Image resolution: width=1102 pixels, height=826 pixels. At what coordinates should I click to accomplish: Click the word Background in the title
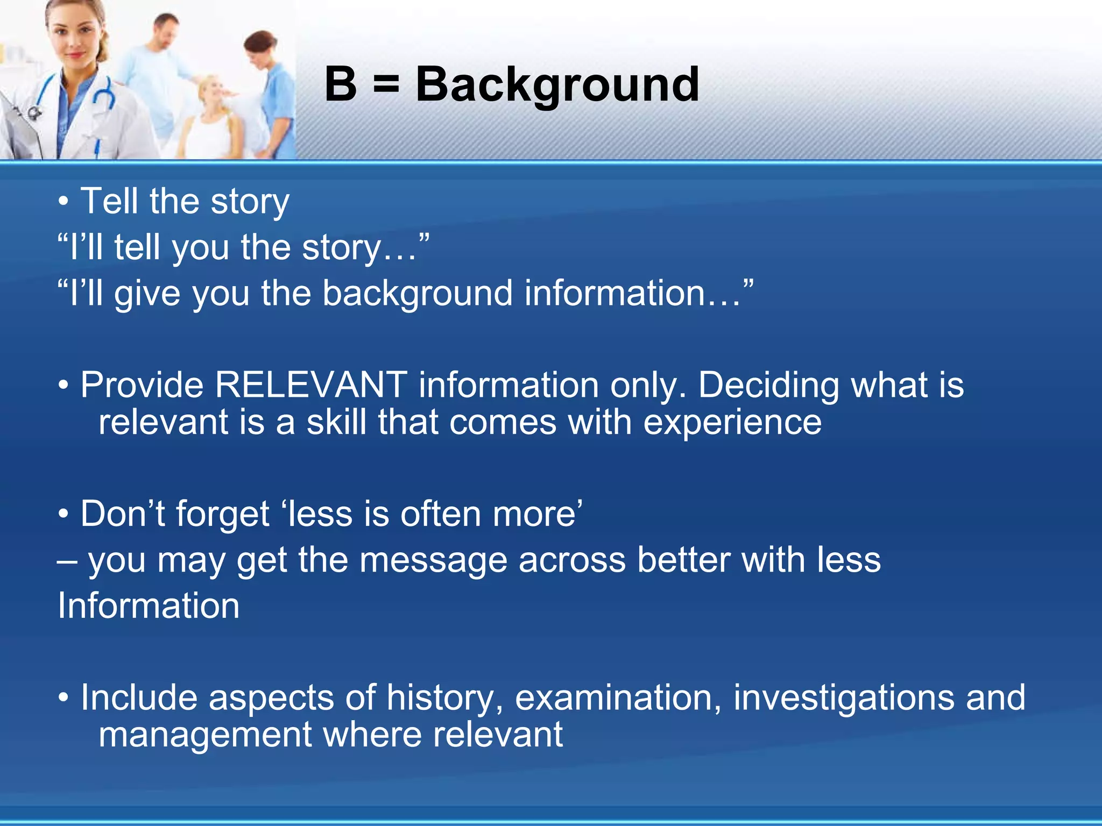pyautogui.click(x=557, y=85)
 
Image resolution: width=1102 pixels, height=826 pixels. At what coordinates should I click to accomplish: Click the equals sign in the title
pyautogui.click(x=386, y=85)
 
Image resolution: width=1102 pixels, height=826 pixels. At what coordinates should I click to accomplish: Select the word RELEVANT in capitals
pyautogui.click(x=311, y=385)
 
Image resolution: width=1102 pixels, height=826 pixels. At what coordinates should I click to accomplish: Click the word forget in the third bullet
pyautogui.click(x=222, y=515)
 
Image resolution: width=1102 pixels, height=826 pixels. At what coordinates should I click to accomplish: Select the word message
pyautogui.click(x=433, y=560)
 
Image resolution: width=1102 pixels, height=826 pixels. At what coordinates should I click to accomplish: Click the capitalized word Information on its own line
pyautogui.click(x=149, y=606)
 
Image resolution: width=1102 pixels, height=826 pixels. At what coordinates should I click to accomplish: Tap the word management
pyautogui.click(x=205, y=735)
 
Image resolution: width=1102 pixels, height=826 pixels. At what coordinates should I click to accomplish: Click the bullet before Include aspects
pyautogui.click(x=63, y=699)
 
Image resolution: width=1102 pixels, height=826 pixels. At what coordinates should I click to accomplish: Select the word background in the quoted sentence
pyautogui.click(x=417, y=294)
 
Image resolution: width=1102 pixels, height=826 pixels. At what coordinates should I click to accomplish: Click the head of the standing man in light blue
pyautogui.click(x=165, y=30)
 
